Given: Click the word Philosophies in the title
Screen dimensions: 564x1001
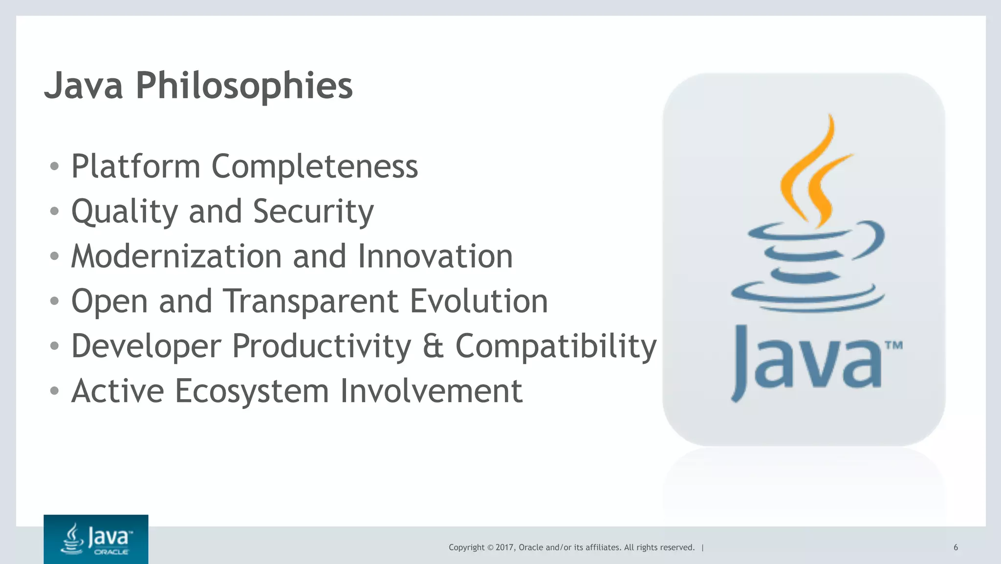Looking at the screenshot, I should (244, 86).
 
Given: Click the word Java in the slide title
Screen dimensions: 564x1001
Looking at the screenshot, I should (84, 86).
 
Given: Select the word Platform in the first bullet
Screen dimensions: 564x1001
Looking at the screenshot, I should (136, 166).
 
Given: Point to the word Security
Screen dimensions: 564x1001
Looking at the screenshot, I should (313, 211).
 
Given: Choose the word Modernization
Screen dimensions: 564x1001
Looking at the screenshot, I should (176, 256).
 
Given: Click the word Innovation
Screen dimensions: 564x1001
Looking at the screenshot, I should (435, 256).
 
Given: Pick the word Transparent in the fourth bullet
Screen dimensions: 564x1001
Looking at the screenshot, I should (311, 301).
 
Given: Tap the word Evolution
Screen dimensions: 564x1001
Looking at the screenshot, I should (479, 301).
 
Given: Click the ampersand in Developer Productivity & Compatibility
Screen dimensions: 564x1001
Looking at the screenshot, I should (433, 346).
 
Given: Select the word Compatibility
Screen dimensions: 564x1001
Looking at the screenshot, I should (556, 346).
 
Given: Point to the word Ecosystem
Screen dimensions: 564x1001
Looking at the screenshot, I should (252, 391).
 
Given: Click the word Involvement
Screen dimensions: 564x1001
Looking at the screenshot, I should (431, 391).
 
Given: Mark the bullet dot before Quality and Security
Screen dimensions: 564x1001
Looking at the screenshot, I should (54, 211).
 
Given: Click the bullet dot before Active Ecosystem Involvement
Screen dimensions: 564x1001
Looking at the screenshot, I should (54, 391).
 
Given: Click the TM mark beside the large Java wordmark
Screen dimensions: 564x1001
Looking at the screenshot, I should (893, 346).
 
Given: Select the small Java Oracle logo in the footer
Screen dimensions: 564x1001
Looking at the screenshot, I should (96, 539).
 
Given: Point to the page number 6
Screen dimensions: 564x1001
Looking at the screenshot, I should (956, 547).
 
